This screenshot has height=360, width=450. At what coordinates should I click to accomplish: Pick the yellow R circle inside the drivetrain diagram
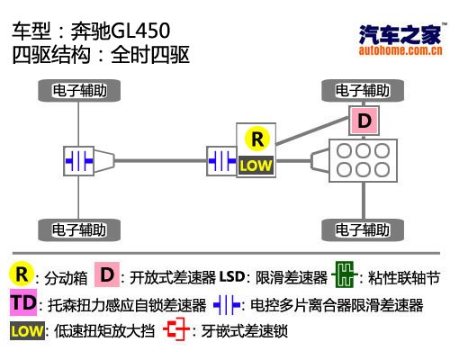pyautogui.click(x=257, y=139)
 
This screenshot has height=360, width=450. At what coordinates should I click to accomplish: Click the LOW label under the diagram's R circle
pyautogui.click(x=256, y=165)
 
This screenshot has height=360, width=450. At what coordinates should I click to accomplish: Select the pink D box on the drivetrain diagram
pyautogui.click(x=364, y=120)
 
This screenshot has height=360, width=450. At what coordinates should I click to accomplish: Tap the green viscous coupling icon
pyautogui.click(x=342, y=274)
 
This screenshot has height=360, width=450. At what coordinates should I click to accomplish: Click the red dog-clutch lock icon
pyautogui.click(x=175, y=331)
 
